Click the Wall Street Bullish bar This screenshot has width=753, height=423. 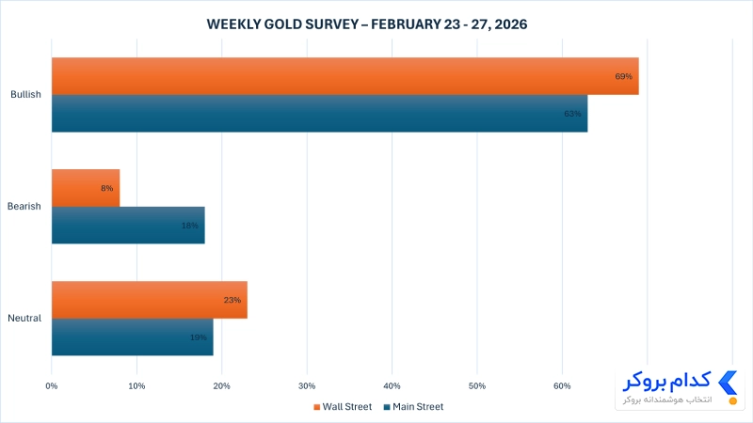tap(345, 76)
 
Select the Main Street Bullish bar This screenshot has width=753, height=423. tap(319, 114)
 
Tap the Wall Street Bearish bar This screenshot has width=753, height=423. tap(86, 188)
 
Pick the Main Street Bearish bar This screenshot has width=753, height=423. tap(128, 226)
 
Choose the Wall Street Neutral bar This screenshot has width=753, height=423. tap(150, 300)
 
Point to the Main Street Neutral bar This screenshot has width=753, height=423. tap(133, 337)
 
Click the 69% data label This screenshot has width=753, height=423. tap(624, 76)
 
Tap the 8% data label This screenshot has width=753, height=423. tap(107, 188)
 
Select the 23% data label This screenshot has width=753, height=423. tap(232, 300)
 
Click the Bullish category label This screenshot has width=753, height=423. tap(26, 95)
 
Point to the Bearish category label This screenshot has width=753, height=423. tap(24, 206)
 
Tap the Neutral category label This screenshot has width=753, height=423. tap(24, 318)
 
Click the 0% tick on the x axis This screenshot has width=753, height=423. tap(52, 386)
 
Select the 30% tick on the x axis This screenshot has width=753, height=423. tap(307, 386)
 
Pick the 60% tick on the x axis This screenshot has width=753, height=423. tap(562, 386)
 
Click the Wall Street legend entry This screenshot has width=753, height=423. tap(343, 407)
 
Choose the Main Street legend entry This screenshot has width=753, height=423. tap(413, 407)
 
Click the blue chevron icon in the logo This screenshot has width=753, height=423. tap(728, 383)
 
